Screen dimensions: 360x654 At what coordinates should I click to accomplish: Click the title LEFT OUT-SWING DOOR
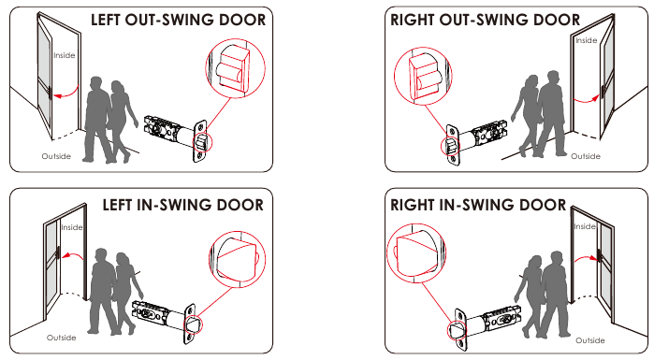(x=177, y=19)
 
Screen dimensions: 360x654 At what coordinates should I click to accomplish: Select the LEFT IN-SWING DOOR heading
(x=182, y=204)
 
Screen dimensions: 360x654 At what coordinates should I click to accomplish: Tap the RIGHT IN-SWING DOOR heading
(x=479, y=204)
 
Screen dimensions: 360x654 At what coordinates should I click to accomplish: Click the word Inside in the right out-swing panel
(x=586, y=40)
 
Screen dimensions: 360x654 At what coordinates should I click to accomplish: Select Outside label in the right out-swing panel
(x=586, y=156)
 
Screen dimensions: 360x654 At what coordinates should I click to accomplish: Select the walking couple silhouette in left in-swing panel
(x=113, y=290)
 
